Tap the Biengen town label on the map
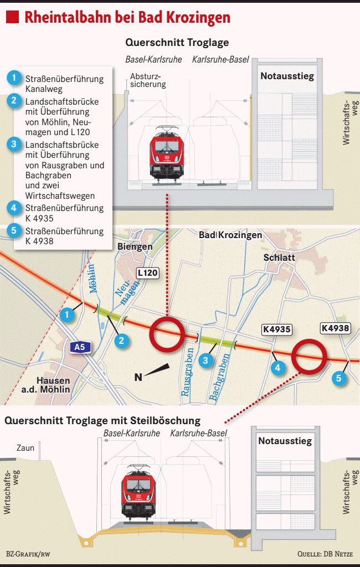tap(135, 246)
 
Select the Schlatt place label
tap(279, 258)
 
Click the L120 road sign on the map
tap(148, 273)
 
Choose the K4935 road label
tap(276, 329)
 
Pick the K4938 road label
tap(336, 328)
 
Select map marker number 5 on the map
tap(339, 379)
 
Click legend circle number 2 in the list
tap(15, 101)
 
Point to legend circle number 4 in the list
tap(15, 208)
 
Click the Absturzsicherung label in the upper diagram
tap(148, 80)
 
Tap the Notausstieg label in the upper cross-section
tap(287, 76)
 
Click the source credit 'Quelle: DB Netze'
tap(325, 554)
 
